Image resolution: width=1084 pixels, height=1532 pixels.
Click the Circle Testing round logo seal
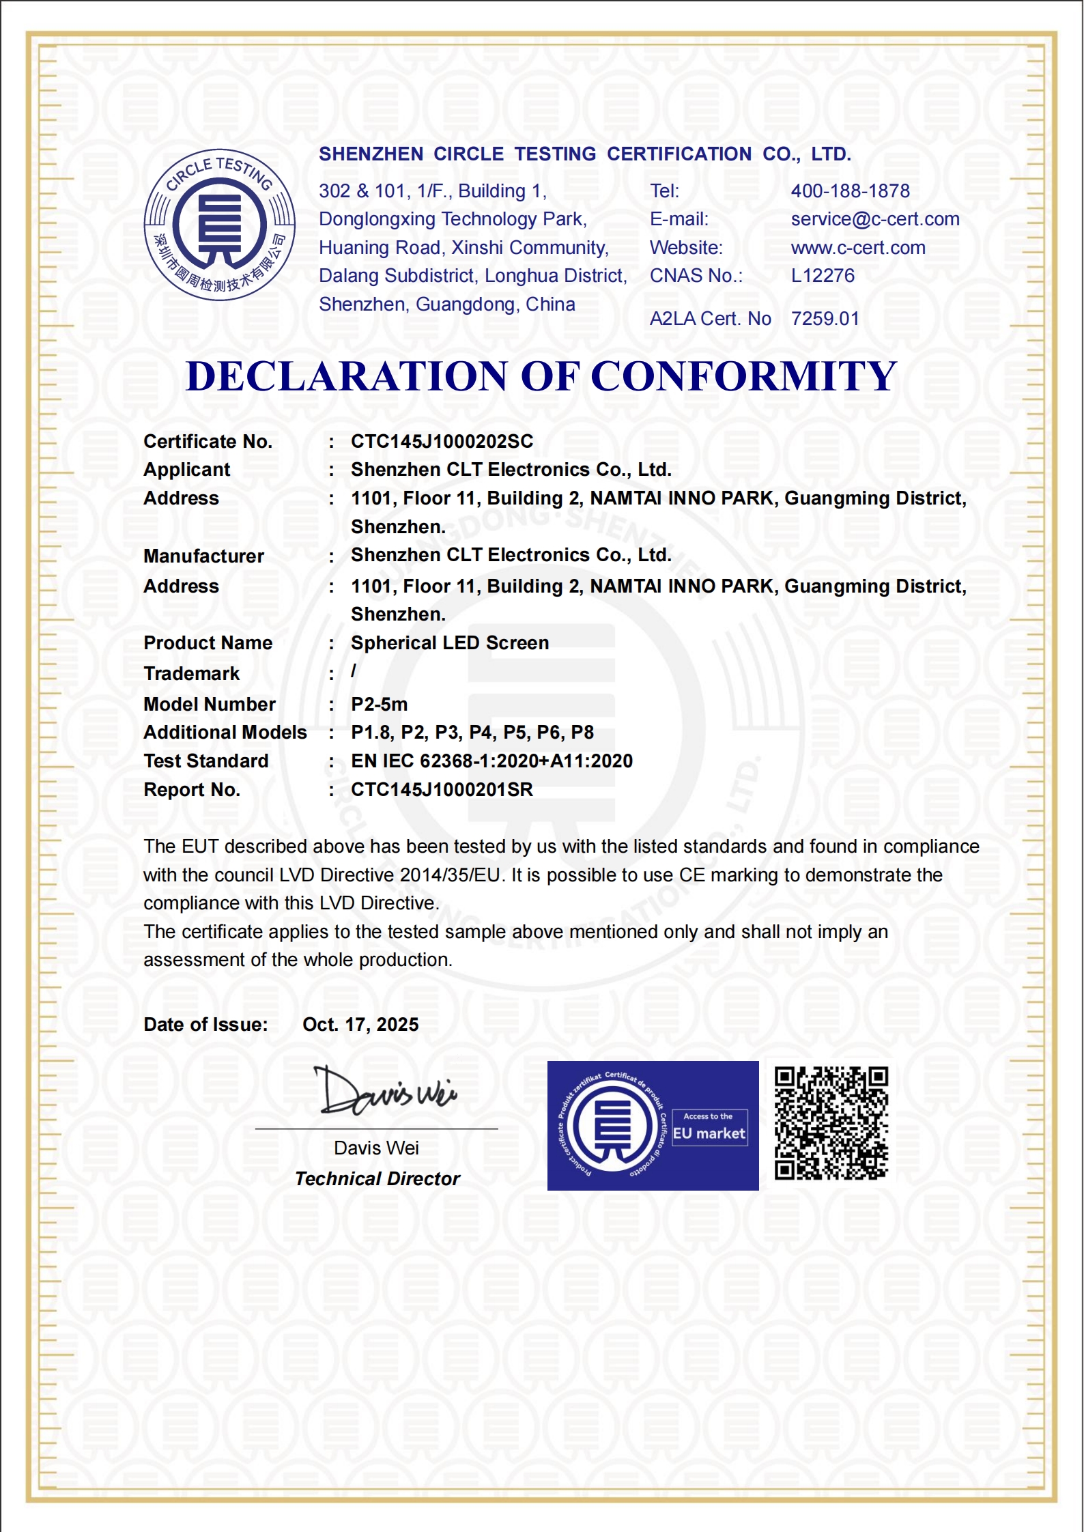click(219, 225)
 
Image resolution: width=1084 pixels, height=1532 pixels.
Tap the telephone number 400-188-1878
click(850, 191)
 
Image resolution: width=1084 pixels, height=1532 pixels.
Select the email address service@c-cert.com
click(874, 219)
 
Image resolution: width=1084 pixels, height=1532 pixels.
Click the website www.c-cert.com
click(857, 248)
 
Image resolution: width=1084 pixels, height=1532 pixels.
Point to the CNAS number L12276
click(822, 276)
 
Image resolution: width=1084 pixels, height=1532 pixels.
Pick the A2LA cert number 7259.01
click(825, 319)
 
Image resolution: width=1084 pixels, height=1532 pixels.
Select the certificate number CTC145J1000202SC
click(442, 442)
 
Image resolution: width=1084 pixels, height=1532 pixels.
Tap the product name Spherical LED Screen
click(449, 643)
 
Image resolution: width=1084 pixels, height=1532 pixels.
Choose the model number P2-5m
click(379, 705)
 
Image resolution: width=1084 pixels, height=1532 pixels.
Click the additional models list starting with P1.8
click(472, 733)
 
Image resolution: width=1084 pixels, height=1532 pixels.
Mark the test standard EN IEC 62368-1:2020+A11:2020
click(491, 761)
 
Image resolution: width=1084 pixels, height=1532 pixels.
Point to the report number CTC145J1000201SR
click(442, 790)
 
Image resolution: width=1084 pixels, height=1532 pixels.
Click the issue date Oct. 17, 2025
click(360, 1025)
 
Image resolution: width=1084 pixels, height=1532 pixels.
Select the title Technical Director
click(377, 1179)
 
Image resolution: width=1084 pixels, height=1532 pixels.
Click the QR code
click(831, 1124)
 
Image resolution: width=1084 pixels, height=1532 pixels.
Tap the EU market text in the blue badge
click(709, 1134)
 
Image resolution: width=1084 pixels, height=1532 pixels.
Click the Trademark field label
click(191, 674)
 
